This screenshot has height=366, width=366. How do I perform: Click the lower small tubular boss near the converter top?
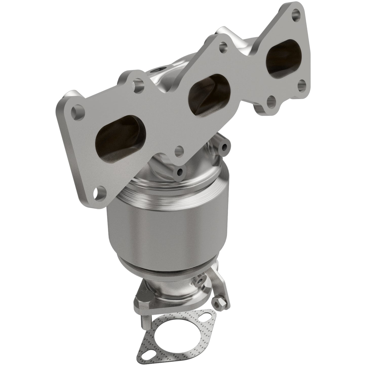[x=180, y=172]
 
